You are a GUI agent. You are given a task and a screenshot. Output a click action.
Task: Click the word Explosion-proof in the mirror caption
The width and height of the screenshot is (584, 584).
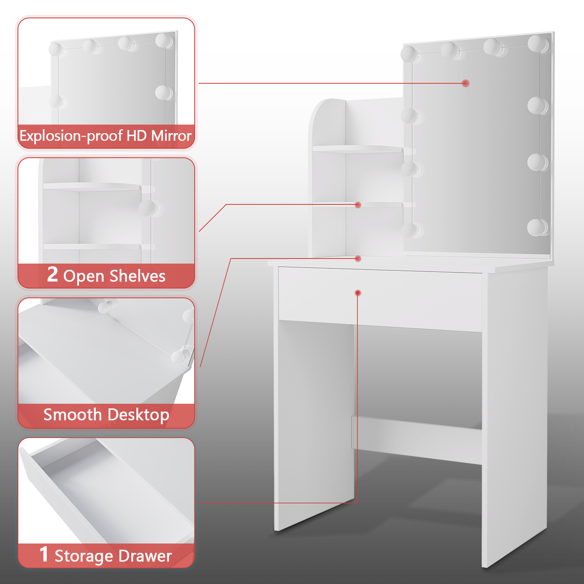[x=72, y=136]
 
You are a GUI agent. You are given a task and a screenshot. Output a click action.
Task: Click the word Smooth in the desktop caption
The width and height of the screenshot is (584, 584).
[x=72, y=415]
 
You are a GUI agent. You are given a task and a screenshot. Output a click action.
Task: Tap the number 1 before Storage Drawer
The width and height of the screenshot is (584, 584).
[x=44, y=554]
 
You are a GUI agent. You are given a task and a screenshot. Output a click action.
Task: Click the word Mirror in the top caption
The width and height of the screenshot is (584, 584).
[x=171, y=136]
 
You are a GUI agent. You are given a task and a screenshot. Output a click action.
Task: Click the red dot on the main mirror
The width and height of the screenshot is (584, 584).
[x=466, y=83]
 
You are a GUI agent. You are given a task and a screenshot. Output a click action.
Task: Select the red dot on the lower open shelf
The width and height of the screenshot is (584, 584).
[x=358, y=205]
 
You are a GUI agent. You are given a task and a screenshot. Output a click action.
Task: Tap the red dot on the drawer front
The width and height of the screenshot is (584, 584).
[x=358, y=293]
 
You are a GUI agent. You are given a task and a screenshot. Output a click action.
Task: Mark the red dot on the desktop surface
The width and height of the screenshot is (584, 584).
[x=358, y=259]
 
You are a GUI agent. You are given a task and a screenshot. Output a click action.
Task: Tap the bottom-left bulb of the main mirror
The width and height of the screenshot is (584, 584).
[x=410, y=230]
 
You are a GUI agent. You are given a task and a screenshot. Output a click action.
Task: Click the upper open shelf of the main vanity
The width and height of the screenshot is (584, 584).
[x=357, y=149]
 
